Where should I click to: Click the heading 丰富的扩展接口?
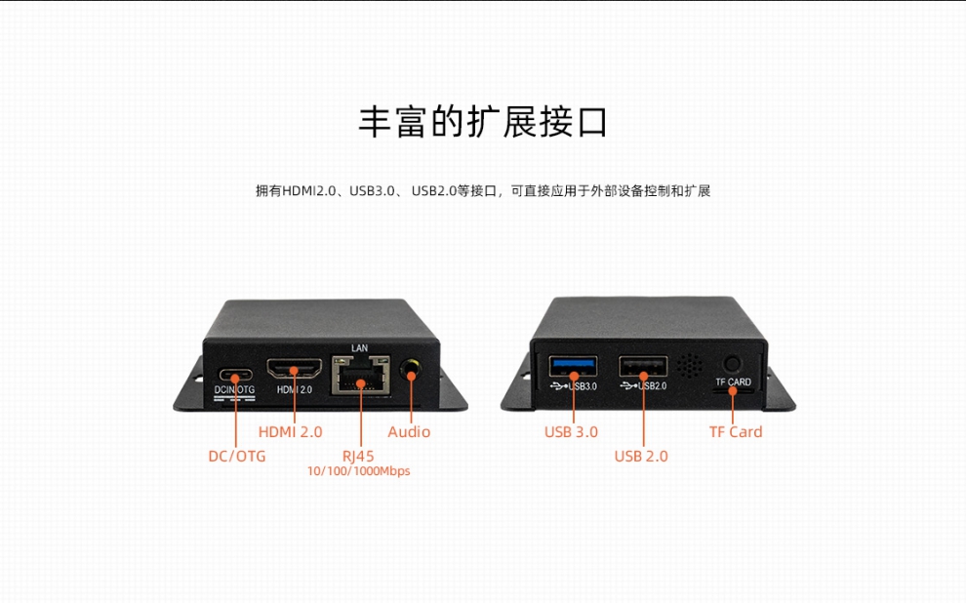pos(483,122)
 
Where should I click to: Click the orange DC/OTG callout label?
pos(237,457)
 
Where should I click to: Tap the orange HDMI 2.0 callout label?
pos(290,432)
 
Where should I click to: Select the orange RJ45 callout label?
pos(358,457)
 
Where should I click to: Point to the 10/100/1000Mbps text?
pos(358,471)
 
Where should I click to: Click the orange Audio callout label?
pos(409,432)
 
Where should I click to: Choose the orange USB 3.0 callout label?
pos(571,432)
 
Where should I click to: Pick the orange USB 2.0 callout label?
pos(641,457)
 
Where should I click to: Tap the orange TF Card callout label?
pos(736,432)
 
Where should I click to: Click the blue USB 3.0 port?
pos(574,366)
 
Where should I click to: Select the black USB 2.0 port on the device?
pos(643,367)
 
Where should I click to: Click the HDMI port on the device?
pos(295,368)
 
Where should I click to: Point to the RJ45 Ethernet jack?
pos(361,375)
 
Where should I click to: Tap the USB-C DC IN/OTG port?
pos(236,375)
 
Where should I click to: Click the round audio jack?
pos(411,371)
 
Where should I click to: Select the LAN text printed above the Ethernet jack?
pos(360,348)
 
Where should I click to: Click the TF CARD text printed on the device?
pos(733,382)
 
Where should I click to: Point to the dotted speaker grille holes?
pos(690,366)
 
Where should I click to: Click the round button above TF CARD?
pos(732,364)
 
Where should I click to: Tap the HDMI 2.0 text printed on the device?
pos(295,389)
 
